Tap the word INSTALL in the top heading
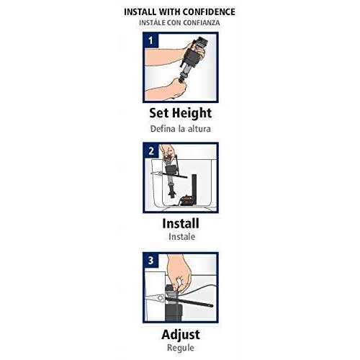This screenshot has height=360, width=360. tap(140, 12)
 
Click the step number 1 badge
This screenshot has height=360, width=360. tap(150, 40)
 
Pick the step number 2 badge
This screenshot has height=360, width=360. tap(151, 151)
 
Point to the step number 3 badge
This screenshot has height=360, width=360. tap(150, 261)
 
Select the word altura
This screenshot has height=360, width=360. tap(199, 129)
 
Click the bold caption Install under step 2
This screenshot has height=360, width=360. tap(181, 223)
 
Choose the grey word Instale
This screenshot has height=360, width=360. tap(181, 237)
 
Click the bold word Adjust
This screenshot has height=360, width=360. tap(181, 335)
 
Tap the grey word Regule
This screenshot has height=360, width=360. tap(181, 348)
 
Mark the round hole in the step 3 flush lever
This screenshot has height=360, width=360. tap(161, 298)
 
